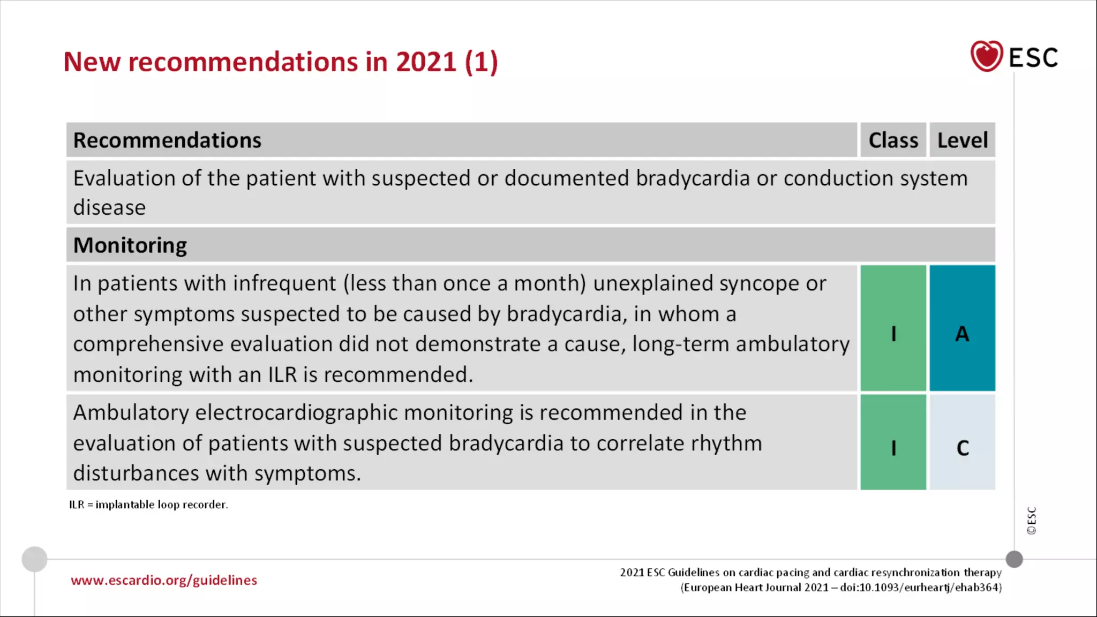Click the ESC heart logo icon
click(x=986, y=56)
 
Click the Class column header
click(x=893, y=140)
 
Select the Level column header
click(x=962, y=140)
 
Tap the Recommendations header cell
click(x=167, y=140)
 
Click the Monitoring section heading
click(x=130, y=245)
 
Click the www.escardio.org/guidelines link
click(x=164, y=581)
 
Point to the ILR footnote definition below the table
click(x=148, y=505)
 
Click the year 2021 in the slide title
click(x=426, y=62)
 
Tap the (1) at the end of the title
click(x=481, y=62)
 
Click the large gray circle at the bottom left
click(x=34, y=559)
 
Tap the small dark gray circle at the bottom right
click(x=1014, y=559)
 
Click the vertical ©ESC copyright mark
click(x=1032, y=521)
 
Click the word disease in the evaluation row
click(x=109, y=208)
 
